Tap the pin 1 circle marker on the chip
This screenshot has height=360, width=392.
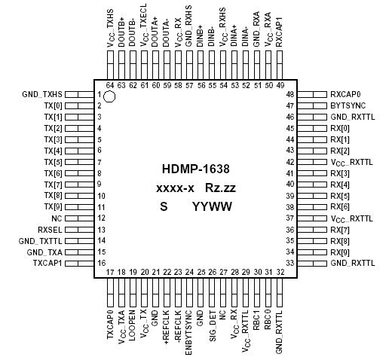[x=110, y=96]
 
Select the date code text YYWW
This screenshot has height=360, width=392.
[x=211, y=206]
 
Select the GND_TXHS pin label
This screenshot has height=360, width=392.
[x=42, y=95]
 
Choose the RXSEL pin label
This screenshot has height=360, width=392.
[x=49, y=229]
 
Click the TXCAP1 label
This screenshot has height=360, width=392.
[x=47, y=263]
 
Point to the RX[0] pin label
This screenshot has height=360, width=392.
[x=341, y=130]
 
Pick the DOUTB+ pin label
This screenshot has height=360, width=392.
[x=121, y=33]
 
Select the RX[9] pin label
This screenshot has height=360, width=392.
[x=341, y=252]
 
